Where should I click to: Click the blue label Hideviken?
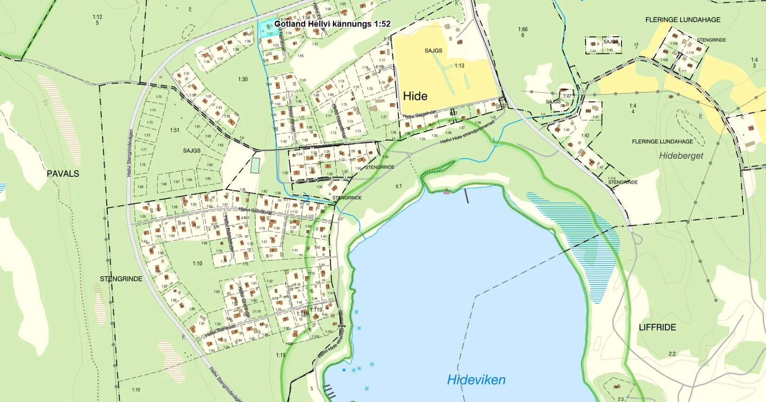(x=476, y=380)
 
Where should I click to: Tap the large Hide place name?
(x=415, y=96)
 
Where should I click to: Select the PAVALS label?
(x=63, y=174)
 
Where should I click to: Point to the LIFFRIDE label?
(x=657, y=327)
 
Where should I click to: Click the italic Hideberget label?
(x=681, y=156)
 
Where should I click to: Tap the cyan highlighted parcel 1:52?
(x=269, y=30)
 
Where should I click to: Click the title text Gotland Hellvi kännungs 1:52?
(x=332, y=24)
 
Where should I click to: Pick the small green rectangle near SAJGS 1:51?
(x=255, y=166)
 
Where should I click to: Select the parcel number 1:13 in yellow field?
(x=459, y=65)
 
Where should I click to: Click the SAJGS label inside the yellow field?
(x=433, y=51)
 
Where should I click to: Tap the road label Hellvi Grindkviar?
(x=255, y=211)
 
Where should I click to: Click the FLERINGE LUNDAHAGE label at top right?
(x=682, y=19)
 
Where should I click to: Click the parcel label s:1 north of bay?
(x=398, y=186)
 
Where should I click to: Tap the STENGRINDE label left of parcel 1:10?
(x=121, y=279)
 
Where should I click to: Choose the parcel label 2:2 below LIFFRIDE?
(x=672, y=354)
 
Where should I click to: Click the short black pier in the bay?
(x=467, y=196)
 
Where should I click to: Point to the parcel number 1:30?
(x=243, y=79)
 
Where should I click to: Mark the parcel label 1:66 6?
(x=523, y=32)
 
